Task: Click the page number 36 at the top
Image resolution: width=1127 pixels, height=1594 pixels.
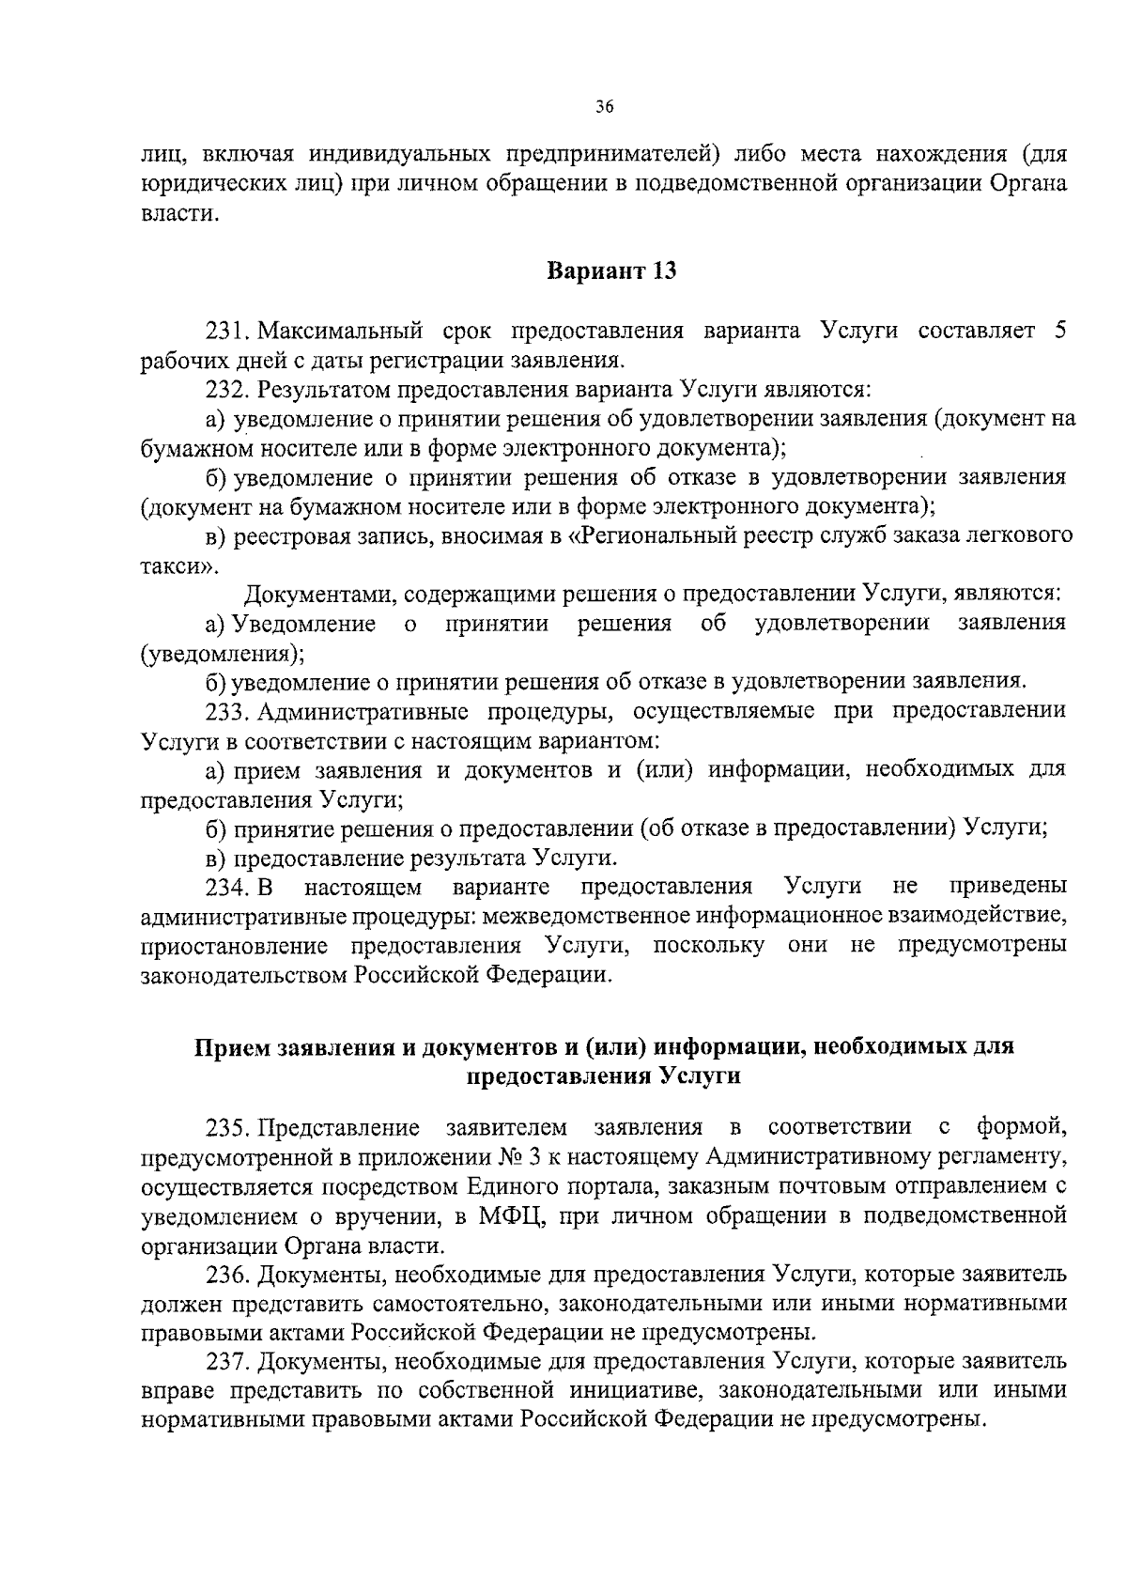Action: (604, 108)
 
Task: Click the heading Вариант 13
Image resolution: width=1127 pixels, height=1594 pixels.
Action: (611, 271)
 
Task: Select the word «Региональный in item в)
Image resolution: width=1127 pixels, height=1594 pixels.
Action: (648, 536)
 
